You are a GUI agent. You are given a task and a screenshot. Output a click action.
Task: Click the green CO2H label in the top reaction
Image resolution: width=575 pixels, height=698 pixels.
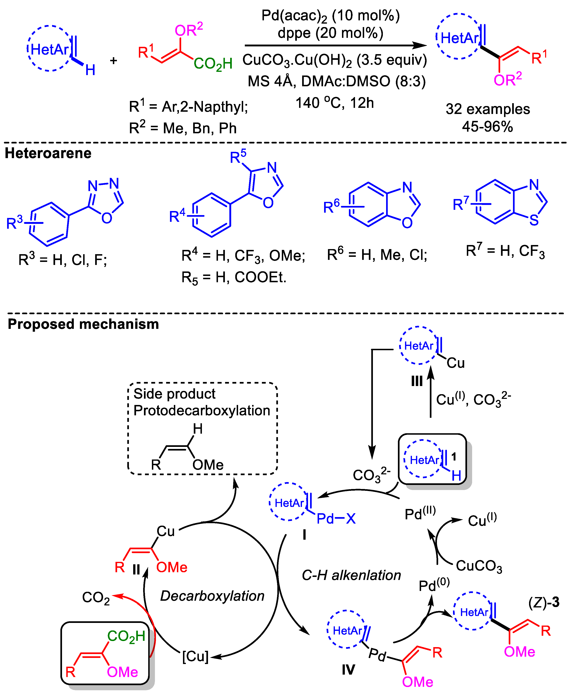[x=213, y=64]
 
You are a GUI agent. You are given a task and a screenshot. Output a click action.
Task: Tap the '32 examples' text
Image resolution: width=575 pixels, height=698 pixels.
[x=488, y=109]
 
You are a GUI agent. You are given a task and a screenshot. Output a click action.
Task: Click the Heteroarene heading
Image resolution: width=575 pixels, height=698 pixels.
[x=48, y=153]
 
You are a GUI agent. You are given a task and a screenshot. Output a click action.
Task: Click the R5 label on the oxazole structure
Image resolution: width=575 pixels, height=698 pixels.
[x=238, y=156]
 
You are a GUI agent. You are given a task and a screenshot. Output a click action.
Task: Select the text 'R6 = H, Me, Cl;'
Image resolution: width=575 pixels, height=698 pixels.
[x=377, y=255]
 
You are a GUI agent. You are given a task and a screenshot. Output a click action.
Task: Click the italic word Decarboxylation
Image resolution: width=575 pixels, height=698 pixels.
[x=212, y=596]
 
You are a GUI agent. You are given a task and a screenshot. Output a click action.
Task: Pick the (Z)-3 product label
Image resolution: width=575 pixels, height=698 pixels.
[x=543, y=602]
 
